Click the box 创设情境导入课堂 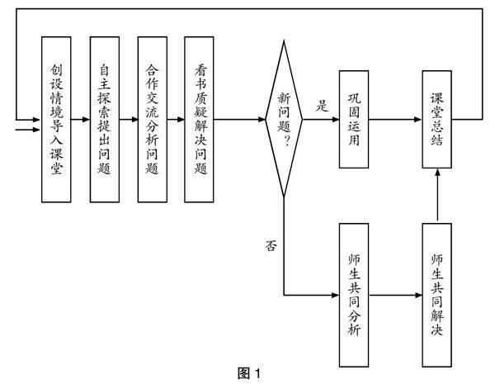point(56,120)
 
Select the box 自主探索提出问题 point(104,120)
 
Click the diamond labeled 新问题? point(283,120)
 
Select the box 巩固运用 point(355,120)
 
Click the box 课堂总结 point(437,120)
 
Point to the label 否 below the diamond point(270,245)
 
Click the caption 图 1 point(247,374)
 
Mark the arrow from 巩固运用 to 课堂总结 point(396,120)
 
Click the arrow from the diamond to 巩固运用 point(320,120)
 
